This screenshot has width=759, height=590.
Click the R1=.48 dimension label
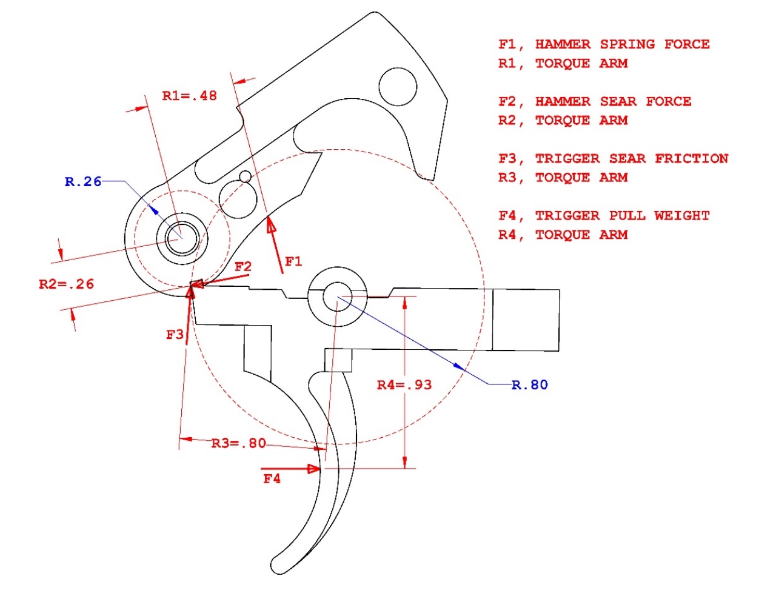[189, 96]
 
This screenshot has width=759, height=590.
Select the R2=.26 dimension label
[66, 284]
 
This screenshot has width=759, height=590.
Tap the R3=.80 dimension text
[238, 443]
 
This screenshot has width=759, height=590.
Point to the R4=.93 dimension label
[404, 385]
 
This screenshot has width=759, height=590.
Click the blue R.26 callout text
[83, 182]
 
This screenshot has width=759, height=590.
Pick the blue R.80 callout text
[530, 385]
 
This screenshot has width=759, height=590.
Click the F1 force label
[293, 262]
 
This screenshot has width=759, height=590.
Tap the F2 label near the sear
[243, 267]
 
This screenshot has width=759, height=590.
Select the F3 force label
[175, 335]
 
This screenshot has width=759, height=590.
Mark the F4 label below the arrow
[272, 479]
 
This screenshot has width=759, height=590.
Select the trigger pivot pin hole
[337, 297]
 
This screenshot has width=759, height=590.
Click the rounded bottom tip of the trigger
[279, 567]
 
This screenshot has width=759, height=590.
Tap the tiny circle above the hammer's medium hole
[245, 176]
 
